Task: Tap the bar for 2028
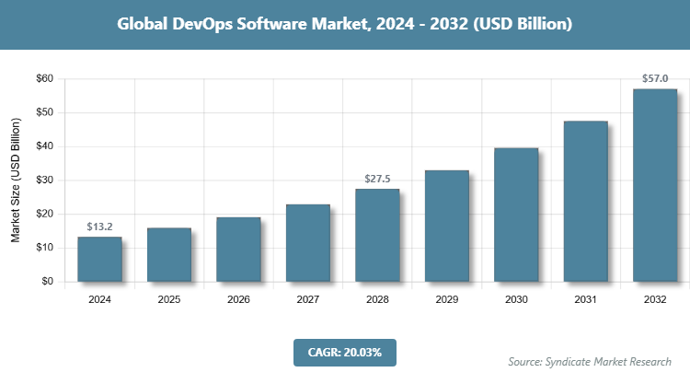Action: tap(377, 235)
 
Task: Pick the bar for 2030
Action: tap(516, 214)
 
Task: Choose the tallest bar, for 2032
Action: tap(655, 184)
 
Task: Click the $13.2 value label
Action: tap(99, 226)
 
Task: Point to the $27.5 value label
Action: tap(377, 178)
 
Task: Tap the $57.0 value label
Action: tap(655, 78)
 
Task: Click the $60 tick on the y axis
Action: tap(43, 79)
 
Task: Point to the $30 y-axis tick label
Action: tap(43, 180)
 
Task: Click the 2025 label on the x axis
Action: tap(169, 299)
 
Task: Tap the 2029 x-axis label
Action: tap(447, 299)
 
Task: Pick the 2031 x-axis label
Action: tap(586, 299)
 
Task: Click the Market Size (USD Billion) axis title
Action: tap(16, 180)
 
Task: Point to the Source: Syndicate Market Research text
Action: tap(590, 362)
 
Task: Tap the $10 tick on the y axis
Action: tap(43, 248)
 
